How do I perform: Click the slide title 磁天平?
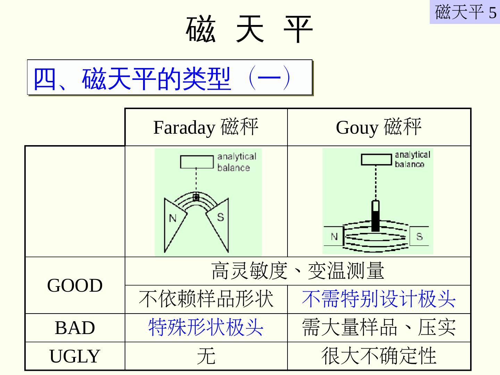(249, 30)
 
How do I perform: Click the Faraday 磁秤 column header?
(206, 127)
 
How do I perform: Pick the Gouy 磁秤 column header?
(379, 127)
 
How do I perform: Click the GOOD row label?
(75, 285)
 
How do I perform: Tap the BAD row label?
(75, 328)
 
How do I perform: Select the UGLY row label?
(75, 356)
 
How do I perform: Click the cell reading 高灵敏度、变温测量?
(298, 271)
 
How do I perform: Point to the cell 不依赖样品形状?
(206, 299)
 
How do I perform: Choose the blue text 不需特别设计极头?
(379, 299)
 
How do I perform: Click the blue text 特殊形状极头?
(206, 328)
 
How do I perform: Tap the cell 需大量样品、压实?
(379, 328)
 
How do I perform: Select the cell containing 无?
(206, 356)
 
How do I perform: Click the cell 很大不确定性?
(379, 356)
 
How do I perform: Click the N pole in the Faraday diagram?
(173, 219)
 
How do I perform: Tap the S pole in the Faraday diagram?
(220, 217)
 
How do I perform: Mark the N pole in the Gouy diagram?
(334, 237)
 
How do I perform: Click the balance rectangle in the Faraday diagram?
(197, 162)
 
